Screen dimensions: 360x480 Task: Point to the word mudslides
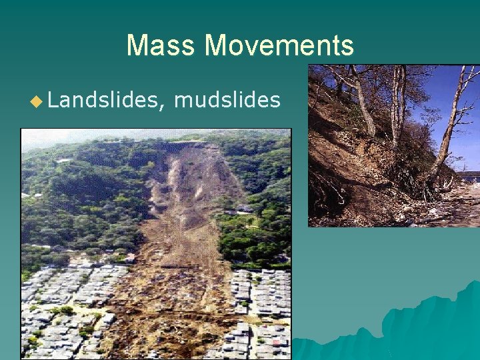click(227, 100)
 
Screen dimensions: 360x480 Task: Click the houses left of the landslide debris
click(73, 293)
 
